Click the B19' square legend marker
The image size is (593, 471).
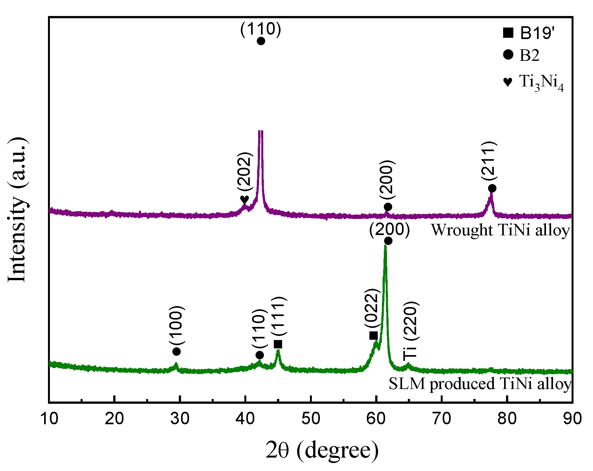click(x=508, y=33)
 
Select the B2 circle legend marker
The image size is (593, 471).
click(x=508, y=54)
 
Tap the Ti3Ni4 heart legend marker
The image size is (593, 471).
click(x=508, y=82)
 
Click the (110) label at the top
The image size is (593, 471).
click(x=261, y=29)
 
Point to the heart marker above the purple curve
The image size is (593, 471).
click(x=244, y=199)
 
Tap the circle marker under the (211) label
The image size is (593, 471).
click(x=492, y=188)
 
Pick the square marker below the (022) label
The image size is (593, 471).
click(x=373, y=336)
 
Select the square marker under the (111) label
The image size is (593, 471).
click(x=278, y=344)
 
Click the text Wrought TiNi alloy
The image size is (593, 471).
click(x=501, y=230)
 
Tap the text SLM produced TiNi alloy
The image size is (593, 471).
click(x=480, y=384)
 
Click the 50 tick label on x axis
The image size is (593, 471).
click(x=311, y=419)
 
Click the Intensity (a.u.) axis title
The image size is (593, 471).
click(x=17, y=210)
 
